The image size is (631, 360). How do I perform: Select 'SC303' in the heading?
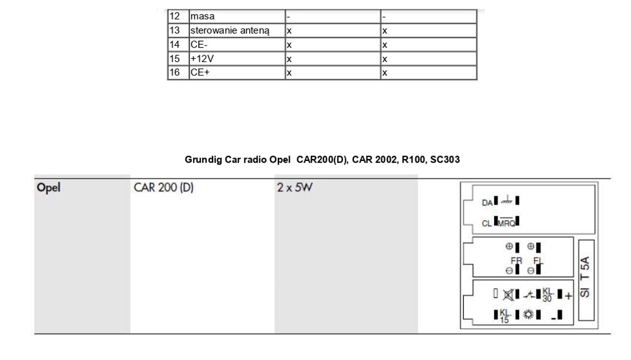tap(445, 160)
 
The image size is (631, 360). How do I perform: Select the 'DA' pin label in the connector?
tap(487, 203)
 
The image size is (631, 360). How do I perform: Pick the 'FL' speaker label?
tap(537, 261)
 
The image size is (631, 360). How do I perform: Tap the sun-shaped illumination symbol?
tap(527, 314)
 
